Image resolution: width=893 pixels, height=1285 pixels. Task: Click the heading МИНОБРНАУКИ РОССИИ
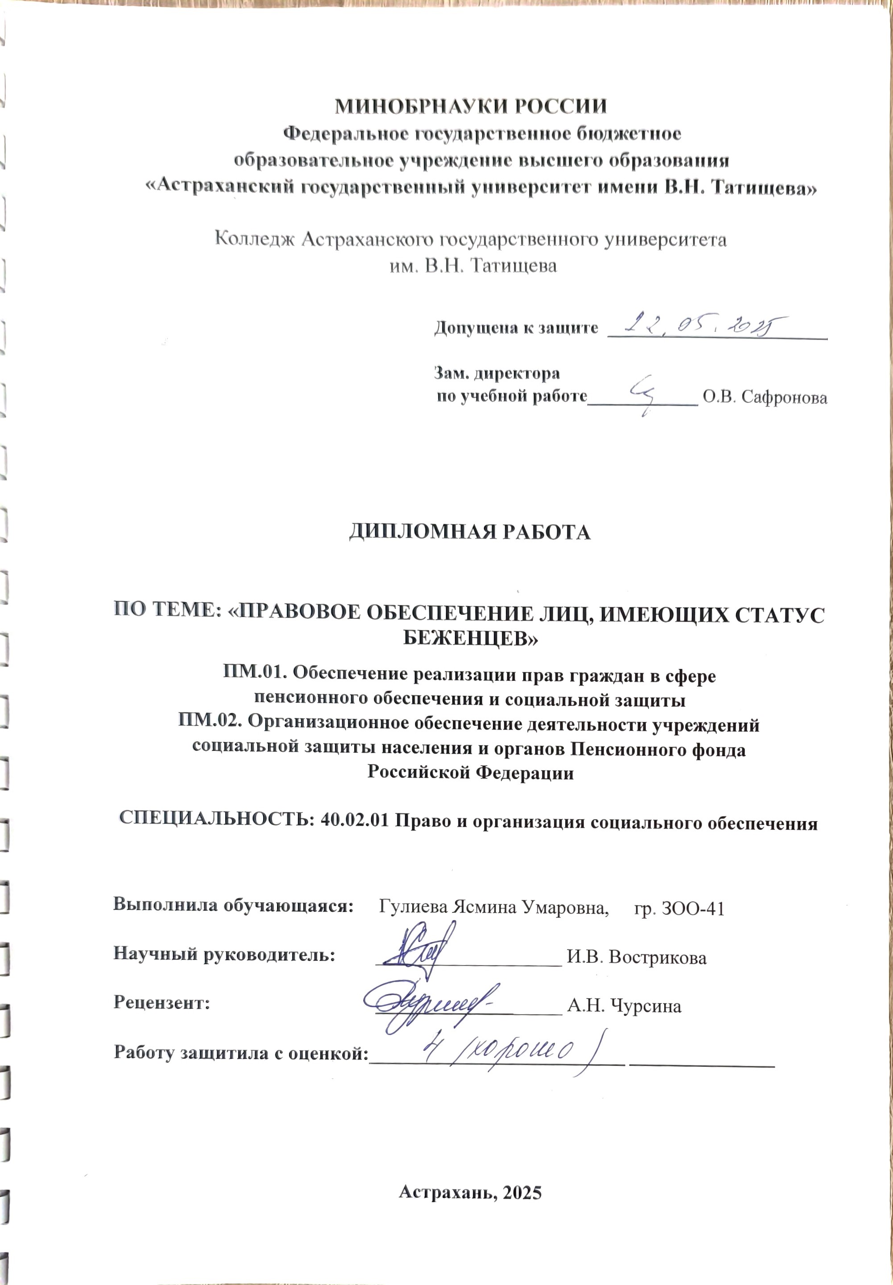pyautogui.click(x=471, y=106)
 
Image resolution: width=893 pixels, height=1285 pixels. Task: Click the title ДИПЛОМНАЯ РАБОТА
pyautogui.click(x=470, y=532)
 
